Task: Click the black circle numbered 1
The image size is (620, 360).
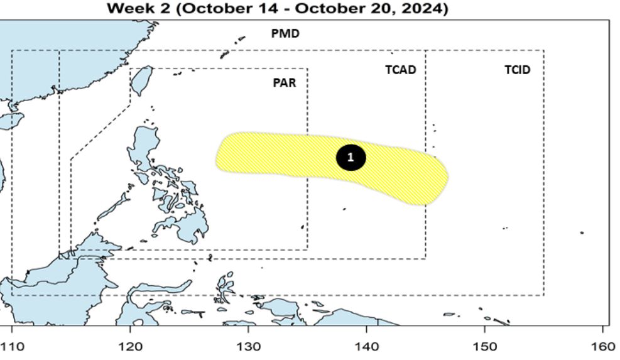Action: (351, 157)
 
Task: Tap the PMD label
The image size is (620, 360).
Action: (285, 34)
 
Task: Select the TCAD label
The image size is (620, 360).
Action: (401, 70)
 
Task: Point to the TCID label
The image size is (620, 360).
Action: (517, 70)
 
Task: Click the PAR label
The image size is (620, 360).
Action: (285, 82)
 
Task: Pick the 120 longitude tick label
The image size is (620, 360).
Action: (130, 346)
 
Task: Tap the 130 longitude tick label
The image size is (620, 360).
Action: (248, 346)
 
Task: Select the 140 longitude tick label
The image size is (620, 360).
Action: (366, 346)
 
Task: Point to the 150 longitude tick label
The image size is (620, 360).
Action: (484, 346)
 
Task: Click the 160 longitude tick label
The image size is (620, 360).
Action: (602, 346)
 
